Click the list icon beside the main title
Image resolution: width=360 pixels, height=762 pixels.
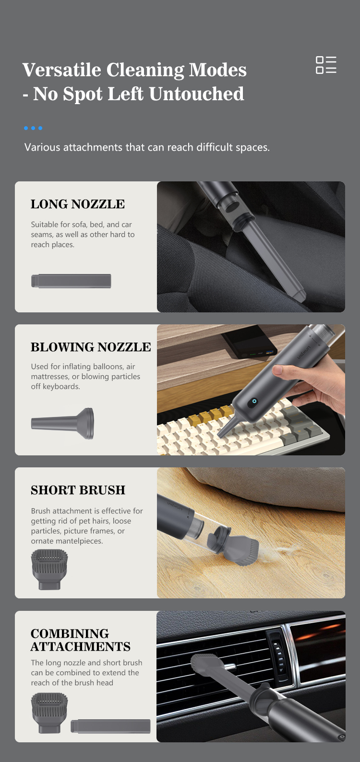click(x=326, y=65)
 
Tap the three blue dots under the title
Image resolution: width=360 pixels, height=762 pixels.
click(x=33, y=128)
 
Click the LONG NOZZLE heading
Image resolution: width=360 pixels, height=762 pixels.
click(x=78, y=204)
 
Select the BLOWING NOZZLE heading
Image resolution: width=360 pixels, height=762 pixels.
click(x=91, y=347)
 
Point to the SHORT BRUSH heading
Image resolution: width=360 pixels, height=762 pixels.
click(x=78, y=490)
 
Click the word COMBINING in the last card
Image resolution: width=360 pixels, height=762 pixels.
click(x=70, y=633)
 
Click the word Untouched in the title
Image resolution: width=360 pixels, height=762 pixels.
click(x=196, y=94)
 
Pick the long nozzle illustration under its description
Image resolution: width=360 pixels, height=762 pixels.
click(x=71, y=281)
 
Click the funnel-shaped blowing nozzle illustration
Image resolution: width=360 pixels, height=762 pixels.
click(x=62, y=424)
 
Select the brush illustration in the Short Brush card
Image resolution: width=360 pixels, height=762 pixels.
click(x=49, y=570)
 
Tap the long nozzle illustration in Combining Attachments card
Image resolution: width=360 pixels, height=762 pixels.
click(x=110, y=726)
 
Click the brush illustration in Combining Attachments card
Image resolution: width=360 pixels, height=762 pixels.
click(x=49, y=714)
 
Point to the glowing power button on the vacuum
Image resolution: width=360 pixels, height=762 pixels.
click(x=253, y=402)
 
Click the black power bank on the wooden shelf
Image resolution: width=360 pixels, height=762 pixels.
click(x=250, y=341)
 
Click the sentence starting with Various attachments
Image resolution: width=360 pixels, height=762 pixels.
click(x=147, y=147)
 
